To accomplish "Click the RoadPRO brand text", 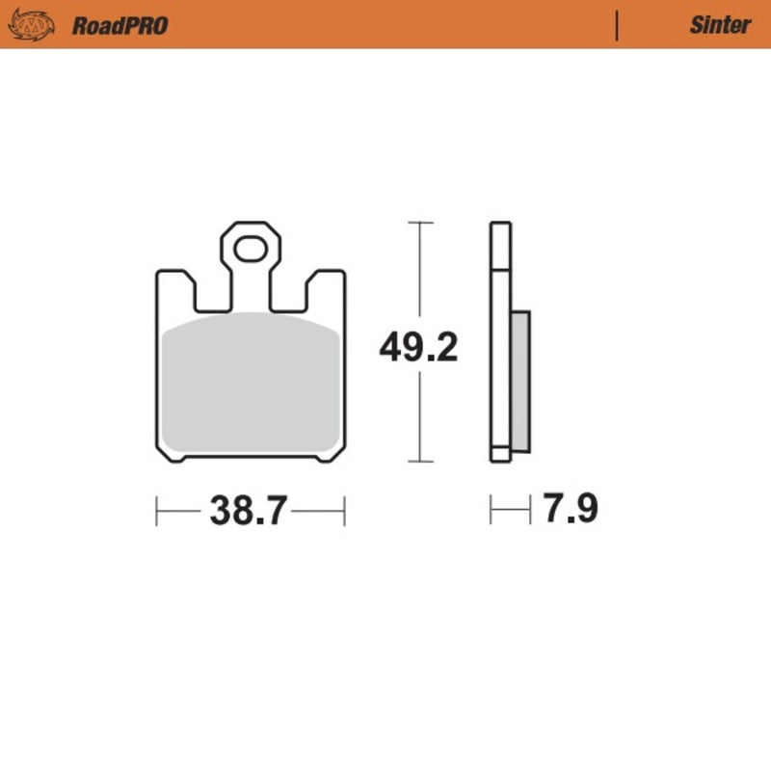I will click(x=120, y=25).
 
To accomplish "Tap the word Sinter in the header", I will click(x=719, y=25).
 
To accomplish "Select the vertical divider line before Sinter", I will click(x=616, y=25).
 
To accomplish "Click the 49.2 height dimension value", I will click(x=418, y=347).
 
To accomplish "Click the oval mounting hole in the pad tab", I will click(x=250, y=251).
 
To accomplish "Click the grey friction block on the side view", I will click(x=519, y=381).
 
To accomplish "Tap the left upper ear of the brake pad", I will click(x=175, y=289).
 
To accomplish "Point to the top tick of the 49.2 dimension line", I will click(x=418, y=223).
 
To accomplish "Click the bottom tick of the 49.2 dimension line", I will click(x=418, y=462).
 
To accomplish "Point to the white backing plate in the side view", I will click(x=499, y=337).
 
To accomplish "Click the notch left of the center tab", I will click(x=213, y=294).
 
